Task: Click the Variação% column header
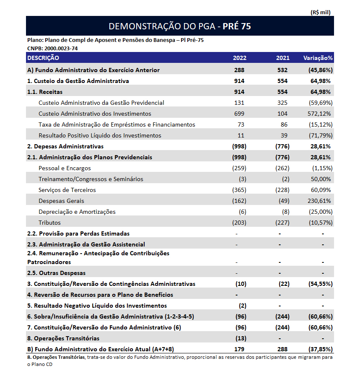pyautogui.click(x=318, y=58)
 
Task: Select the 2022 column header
pyautogui.click(x=240, y=58)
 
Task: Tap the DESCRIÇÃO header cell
pyautogui.click(x=44, y=58)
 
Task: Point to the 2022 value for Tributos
pyautogui.click(x=239, y=223)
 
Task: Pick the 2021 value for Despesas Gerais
pyautogui.click(x=284, y=201)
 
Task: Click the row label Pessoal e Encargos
pyautogui.click(x=65, y=168)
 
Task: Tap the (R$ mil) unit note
pyautogui.click(x=321, y=13)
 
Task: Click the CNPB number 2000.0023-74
pyautogui.click(x=52, y=48)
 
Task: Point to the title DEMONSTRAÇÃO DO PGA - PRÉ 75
pyautogui.click(x=180, y=26)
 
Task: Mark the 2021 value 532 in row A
pyautogui.click(x=283, y=70)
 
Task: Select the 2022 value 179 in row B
pyautogui.click(x=239, y=349)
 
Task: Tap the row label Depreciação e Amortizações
pyautogui.click(x=77, y=212)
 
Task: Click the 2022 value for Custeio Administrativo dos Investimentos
pyautogui.click(x=239, y=114)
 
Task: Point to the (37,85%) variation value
pyautogui.click(x=320, y=349)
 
